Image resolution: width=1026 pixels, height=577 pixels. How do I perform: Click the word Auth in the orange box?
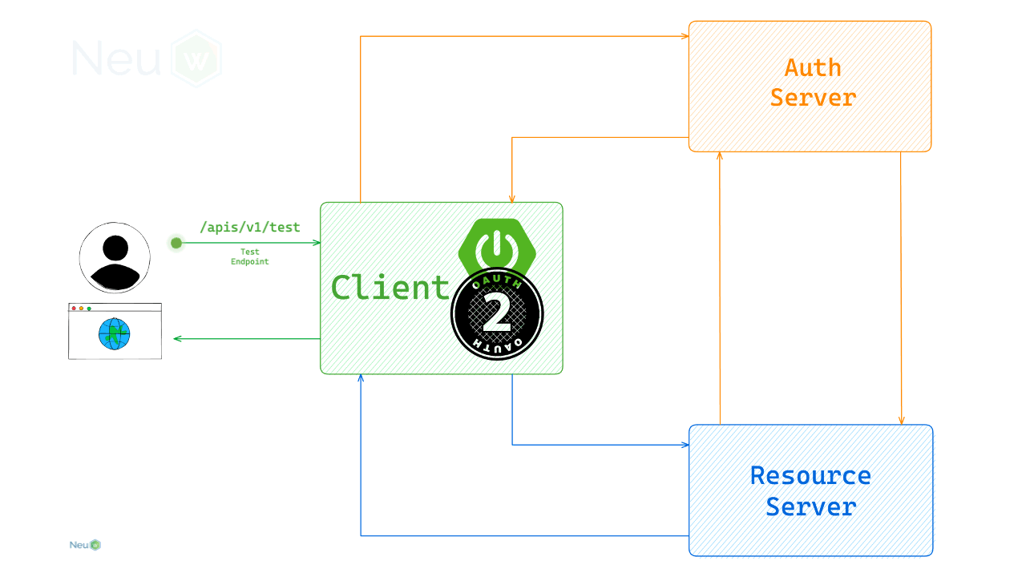[813, 67]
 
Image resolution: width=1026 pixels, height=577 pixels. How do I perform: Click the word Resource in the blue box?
[810, 475]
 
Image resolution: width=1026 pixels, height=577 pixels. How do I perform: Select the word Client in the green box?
[390, 287]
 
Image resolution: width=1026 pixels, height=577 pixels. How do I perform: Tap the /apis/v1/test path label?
[250, 228]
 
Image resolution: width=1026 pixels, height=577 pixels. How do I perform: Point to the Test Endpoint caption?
[249, 256]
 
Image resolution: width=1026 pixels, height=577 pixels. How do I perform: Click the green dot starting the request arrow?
[176, 243]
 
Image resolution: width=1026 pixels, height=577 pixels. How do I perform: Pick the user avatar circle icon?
[115, 258]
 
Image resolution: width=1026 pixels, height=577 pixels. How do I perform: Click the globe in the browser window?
[115, 333]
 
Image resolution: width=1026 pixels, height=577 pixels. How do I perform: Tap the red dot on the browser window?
[74, 309]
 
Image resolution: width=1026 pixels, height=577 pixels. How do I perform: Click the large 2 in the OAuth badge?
[497, 313]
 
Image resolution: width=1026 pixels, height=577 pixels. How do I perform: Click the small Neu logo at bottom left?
[85, 545]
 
